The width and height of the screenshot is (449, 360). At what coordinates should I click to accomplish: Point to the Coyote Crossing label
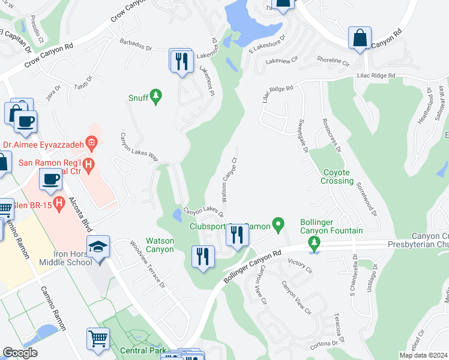tap(337, 176)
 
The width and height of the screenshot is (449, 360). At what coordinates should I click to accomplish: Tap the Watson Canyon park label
tap(160, 245)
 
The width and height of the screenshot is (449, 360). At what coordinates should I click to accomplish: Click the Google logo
tap(20, 353)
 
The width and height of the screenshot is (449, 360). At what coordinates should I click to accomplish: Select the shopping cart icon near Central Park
tap(98, 338)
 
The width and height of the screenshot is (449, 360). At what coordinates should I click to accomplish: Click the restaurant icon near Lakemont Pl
tap(181, 61)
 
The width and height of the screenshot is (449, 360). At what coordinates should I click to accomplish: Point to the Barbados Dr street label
tap(137, 45)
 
